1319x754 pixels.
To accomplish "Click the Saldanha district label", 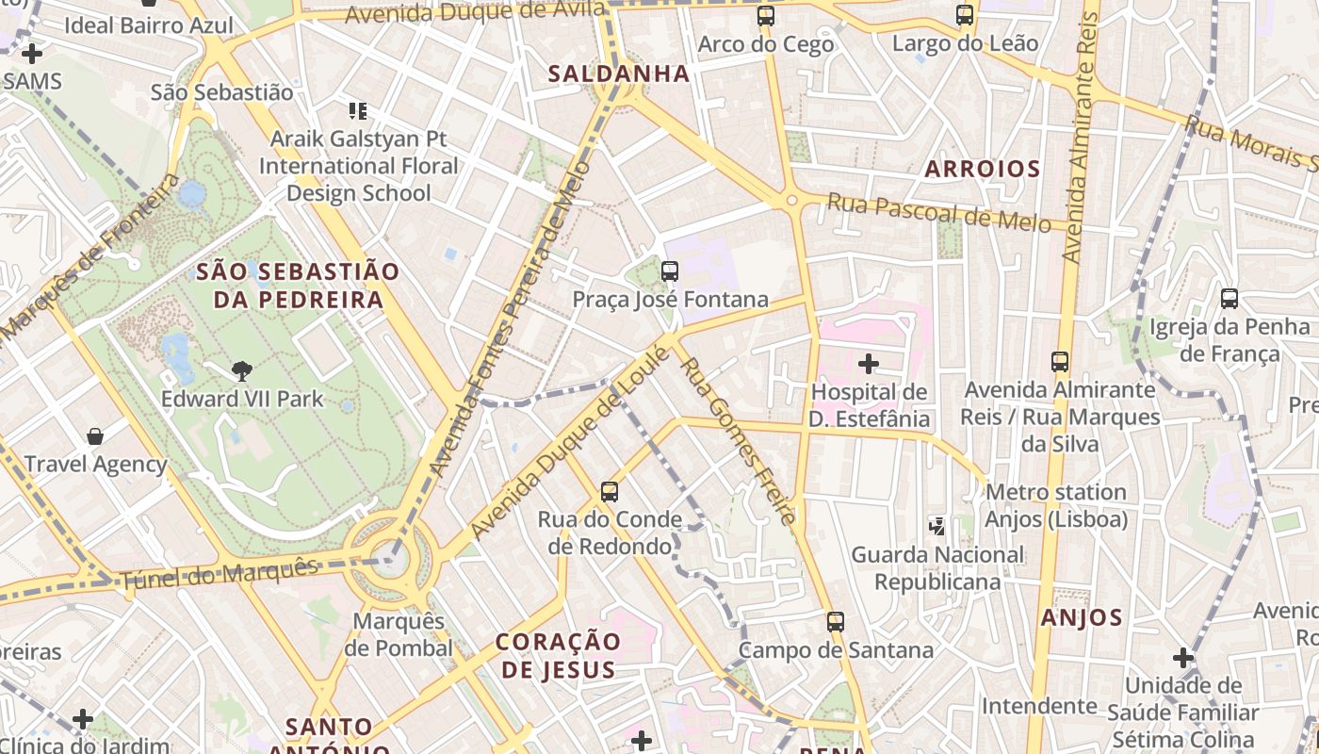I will (619, 74).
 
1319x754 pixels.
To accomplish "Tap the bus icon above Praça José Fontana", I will (670, 271).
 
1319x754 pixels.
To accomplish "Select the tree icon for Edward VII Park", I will (242, 370).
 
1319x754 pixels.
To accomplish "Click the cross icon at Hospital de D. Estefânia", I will (869, 363).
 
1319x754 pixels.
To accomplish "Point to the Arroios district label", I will (983, 170).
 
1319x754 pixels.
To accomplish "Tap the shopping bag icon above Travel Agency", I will (95, 435).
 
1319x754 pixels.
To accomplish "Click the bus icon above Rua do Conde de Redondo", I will (610, 491).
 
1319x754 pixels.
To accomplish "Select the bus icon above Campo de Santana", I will (836, 622).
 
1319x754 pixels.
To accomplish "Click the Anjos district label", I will (1082, 618).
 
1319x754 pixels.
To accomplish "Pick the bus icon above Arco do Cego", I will (766, 16).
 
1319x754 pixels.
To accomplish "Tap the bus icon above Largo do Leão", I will (965, 15).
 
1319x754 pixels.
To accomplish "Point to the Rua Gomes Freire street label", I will (739, 440).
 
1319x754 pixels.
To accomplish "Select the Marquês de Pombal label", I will (399, 634).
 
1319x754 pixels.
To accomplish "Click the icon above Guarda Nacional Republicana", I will (937, 526).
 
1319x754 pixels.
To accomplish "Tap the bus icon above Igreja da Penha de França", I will (1229, 299).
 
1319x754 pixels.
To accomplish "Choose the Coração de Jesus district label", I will (559, 655).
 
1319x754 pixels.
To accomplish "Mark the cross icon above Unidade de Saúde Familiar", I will (1183, 657).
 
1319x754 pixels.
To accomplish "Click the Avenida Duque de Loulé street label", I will (570, 443).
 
